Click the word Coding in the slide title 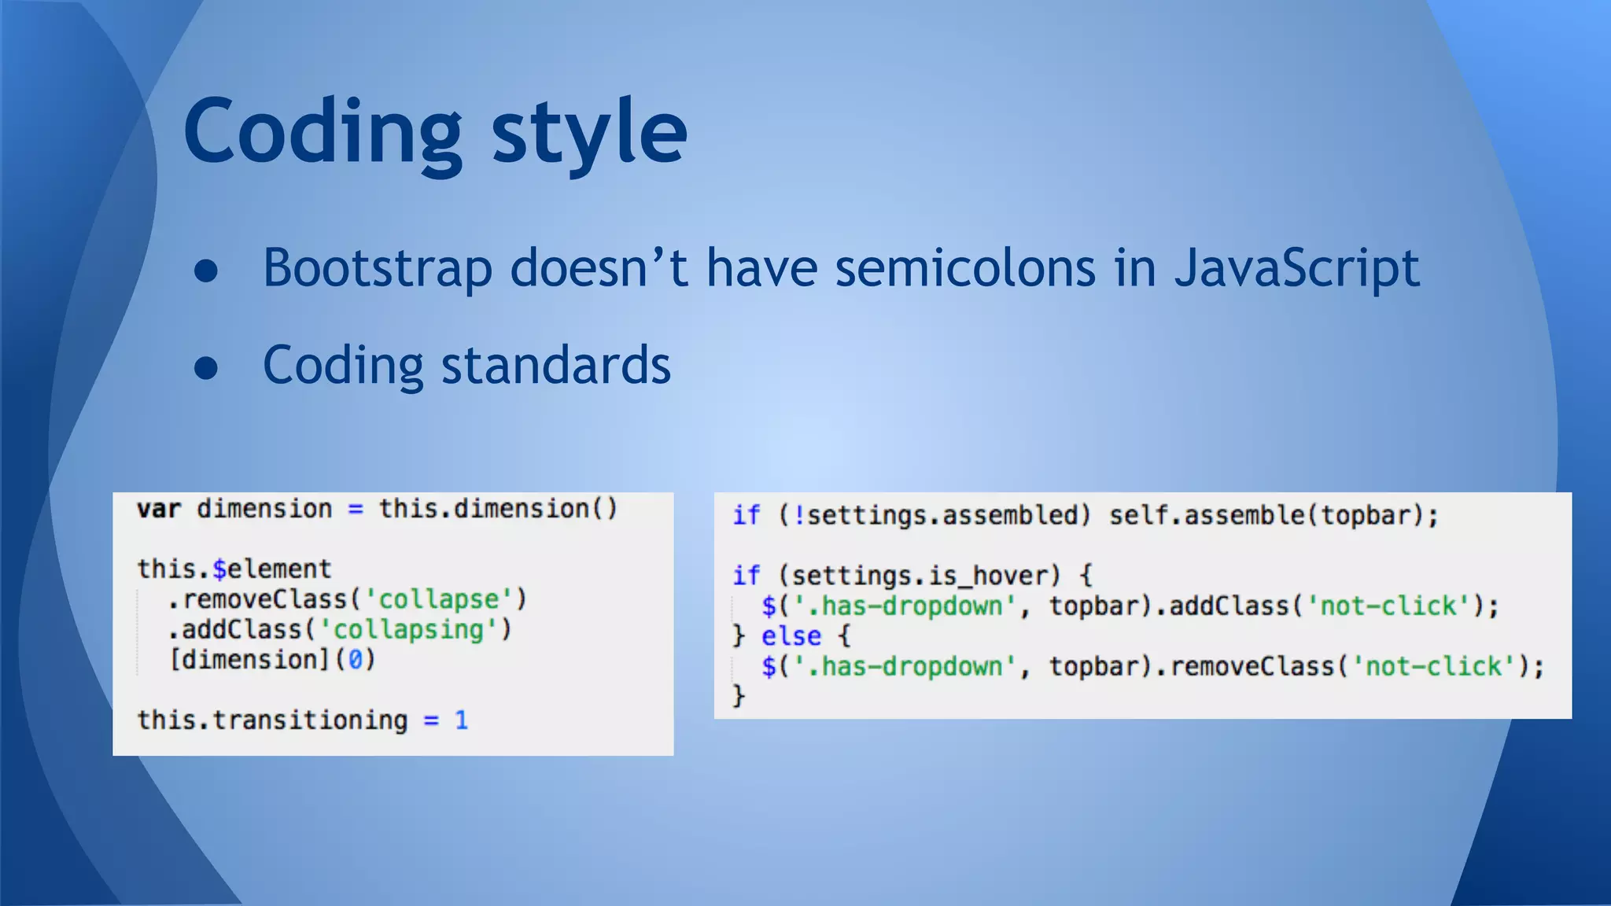323,132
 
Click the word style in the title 589,132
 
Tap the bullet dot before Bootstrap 206,271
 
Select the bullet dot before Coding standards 206,367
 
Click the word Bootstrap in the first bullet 377,269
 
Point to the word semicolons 964,269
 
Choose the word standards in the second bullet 555,366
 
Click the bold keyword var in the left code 159,509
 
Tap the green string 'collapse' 438,599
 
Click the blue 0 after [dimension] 356,659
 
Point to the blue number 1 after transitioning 461,720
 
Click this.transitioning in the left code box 272,720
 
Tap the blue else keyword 791,635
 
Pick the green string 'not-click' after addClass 1388,606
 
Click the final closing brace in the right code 738,695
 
